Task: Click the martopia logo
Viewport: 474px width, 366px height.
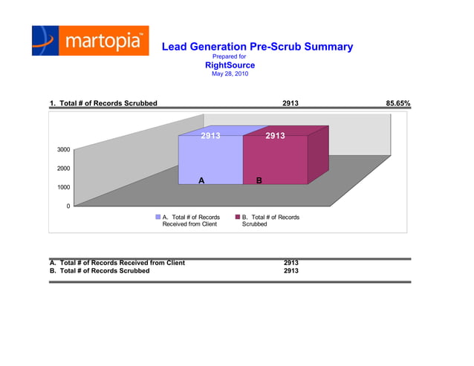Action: point(90,41)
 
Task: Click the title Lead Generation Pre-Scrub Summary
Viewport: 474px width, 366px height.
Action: point(257,47)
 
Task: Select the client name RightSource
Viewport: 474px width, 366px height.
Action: point(230,65)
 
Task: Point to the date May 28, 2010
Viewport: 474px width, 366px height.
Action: point(230,74)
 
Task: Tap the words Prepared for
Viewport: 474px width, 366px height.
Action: point(230,56)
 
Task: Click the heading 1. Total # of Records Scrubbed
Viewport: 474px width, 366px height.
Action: point(103,103)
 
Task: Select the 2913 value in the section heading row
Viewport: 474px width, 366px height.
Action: point(291,103)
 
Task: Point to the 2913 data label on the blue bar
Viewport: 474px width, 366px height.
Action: point(211,136)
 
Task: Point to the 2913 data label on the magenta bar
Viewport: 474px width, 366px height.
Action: point(276,136)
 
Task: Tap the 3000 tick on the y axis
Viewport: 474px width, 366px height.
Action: point(64,150)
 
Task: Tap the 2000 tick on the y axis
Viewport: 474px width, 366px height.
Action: point(64,169)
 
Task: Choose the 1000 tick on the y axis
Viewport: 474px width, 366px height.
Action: point(64,187)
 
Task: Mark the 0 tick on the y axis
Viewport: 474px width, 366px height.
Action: point(68,206)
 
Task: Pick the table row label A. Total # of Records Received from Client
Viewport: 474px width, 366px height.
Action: point(117,263)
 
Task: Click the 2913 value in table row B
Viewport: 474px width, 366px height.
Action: point(291,271)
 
